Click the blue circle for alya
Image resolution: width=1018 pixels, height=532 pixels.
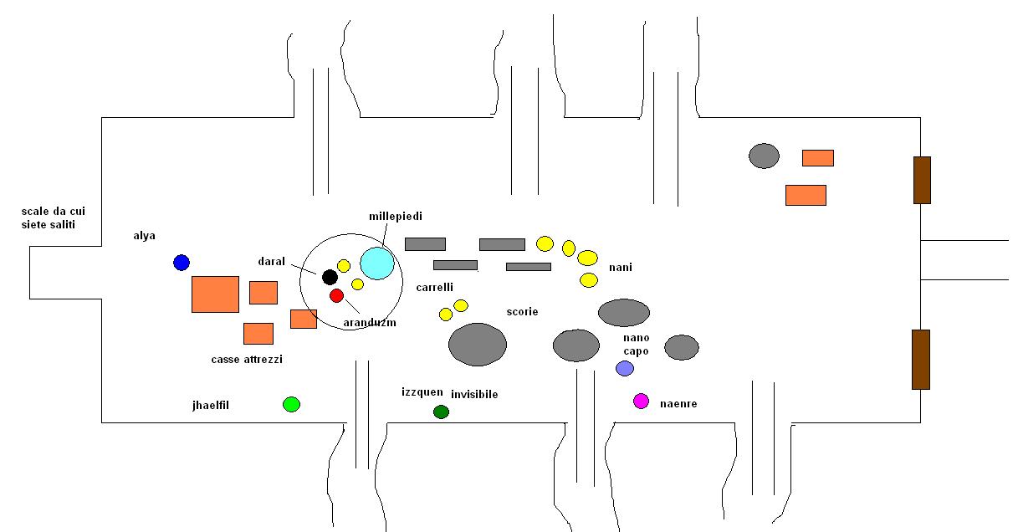(x=182, y=263)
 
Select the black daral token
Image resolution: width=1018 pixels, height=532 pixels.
(x=330, y=277)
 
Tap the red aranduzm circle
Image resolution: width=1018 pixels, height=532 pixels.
(x=336, y=295)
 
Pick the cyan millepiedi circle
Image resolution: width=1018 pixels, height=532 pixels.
(x=377, y=263)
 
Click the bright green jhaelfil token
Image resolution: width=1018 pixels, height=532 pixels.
(x=291, y=405)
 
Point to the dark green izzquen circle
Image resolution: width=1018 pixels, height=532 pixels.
(x=441, y=412)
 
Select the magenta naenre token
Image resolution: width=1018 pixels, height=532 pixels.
(x=641, y=402)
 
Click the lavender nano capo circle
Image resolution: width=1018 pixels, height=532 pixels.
(x=625, y=368)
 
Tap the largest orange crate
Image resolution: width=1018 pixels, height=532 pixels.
(x=215, y=294)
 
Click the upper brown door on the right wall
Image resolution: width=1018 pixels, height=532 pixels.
(x=922, y=180)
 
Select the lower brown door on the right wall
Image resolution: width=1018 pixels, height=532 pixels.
(x=921, y=360)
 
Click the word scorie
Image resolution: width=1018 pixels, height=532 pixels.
(x=522, y=312)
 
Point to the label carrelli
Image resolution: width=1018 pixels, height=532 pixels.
(x=435, y=287)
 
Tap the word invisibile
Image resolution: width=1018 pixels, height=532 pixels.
(x=474, y=394)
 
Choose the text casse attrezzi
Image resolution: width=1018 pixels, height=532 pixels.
(x=247, y=360)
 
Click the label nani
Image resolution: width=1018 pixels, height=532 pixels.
(x=621, y=268)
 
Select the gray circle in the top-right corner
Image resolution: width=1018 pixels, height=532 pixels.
(x=764, y=156)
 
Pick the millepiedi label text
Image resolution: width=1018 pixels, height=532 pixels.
(x=396, y=217)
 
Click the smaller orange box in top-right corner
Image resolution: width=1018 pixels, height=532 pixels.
(x=818, y=158)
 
